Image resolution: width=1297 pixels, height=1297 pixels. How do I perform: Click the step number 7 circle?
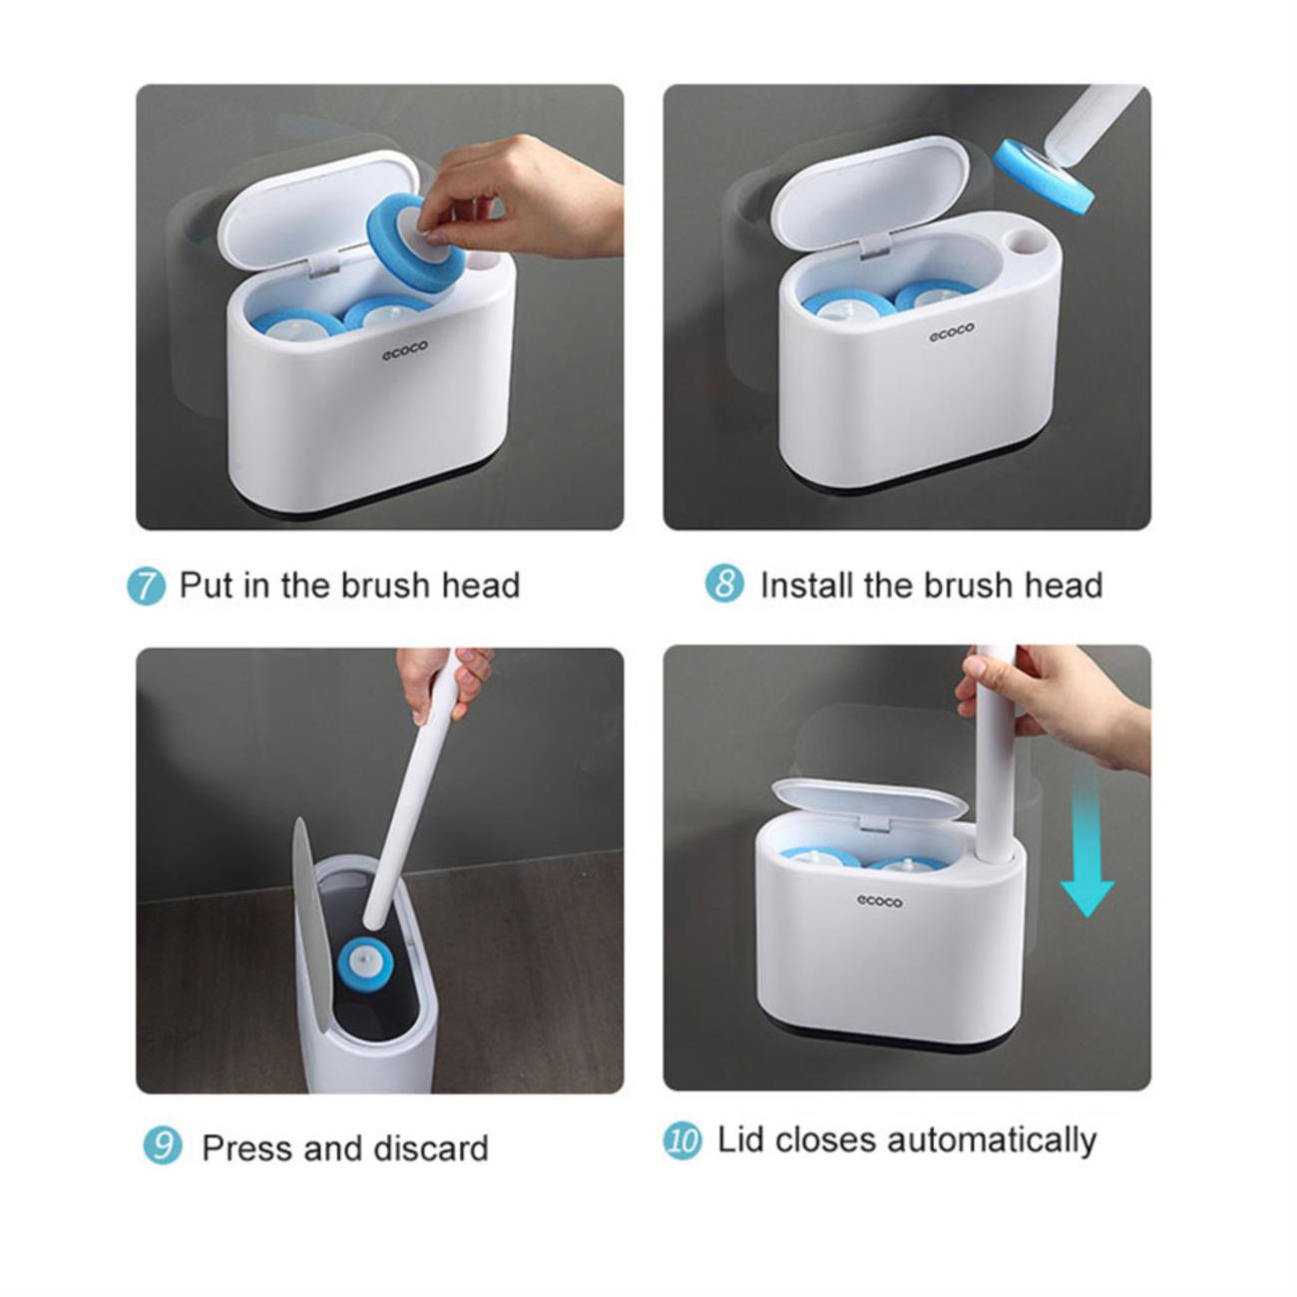(146, 587)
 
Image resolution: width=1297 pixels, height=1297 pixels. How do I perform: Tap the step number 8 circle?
(724, 584)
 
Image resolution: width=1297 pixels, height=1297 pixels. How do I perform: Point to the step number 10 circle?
(682, 1141)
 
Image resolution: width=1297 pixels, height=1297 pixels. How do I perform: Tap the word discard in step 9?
(431, 1147)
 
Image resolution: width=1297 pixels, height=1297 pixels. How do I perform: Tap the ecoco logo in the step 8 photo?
(951, 332)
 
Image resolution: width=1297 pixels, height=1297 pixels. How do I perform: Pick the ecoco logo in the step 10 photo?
(879, 900)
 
